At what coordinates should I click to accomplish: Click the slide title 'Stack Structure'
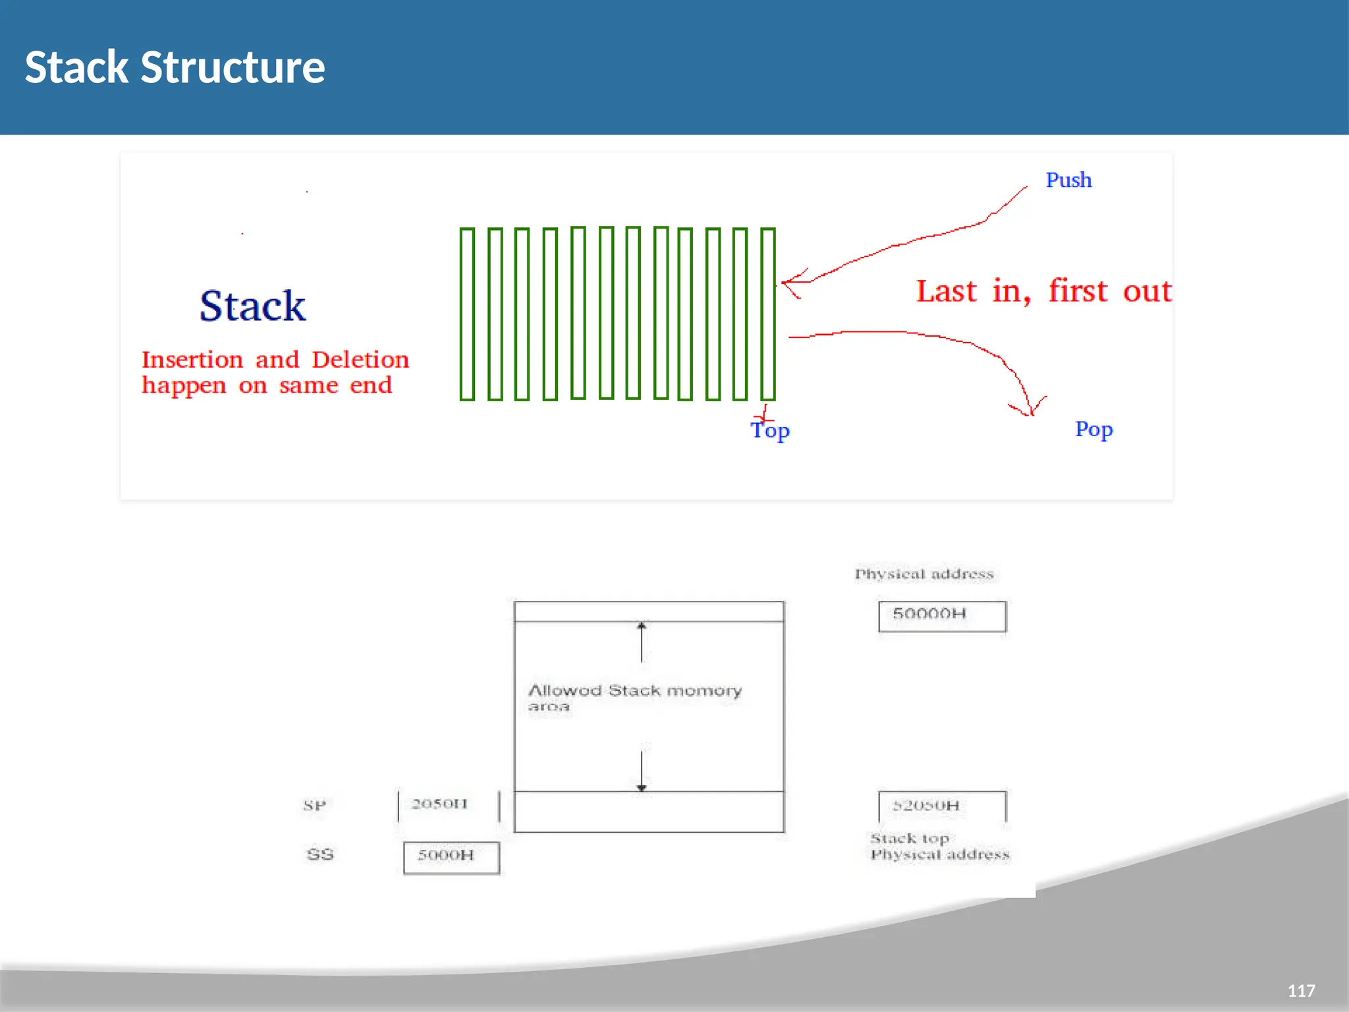[x=175, y=67]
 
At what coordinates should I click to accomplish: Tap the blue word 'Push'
[x=1068, y=180]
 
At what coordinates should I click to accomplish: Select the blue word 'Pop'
[x=1093, y=429]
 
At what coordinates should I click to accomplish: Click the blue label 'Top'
[x=770, y=430]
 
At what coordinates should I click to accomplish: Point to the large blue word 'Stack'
[x=252, y=306]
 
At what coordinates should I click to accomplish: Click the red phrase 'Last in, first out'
[x=1043, y=291]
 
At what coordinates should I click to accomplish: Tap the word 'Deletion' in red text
[x=360, y=360]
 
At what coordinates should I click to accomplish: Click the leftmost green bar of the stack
[x=467, y=314]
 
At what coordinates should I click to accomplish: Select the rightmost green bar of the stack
[x=767, y=314]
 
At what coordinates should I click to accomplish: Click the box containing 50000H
[x=942, y=616]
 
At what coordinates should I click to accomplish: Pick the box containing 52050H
[x=942, y=806]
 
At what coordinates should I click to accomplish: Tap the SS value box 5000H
[x=451, y=857]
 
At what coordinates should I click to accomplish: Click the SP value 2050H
[x=440, y=804]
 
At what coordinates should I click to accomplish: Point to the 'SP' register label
[x=314, y=805]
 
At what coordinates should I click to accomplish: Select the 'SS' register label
[x=320, y=855]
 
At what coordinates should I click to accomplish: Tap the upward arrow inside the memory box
[x=642, y=642]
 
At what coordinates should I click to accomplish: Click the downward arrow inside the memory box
[x=642, y=770]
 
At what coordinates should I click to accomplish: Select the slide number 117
[x=1301, y=991]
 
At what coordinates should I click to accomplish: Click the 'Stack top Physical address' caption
[x=939, y=847]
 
